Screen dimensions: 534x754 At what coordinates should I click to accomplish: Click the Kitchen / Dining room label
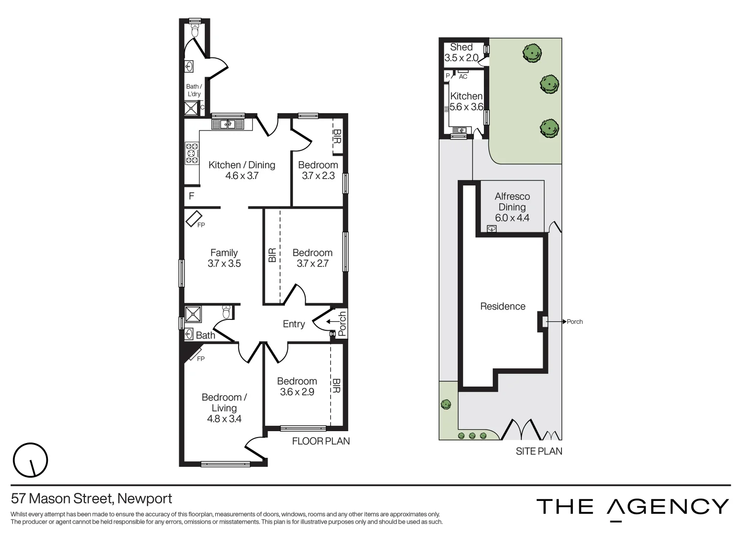[x=241, y=170]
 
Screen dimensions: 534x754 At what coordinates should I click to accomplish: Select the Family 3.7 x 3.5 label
[x=224, y=258]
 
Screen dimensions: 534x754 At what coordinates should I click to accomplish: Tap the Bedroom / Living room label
[x=224, y=408]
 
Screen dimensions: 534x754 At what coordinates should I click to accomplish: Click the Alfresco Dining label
[x=512, y=207]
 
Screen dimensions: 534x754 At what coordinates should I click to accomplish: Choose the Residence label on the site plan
[x=503, y=307]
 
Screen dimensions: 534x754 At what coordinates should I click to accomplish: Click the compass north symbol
[x=30, y=460]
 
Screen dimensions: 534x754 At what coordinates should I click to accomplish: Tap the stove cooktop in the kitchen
[x=192, y=153]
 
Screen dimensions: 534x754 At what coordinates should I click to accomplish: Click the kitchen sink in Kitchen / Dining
[x=228, y=124]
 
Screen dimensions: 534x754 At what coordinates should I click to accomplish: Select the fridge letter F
[x=192, y=196]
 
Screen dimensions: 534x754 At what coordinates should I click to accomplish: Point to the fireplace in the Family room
[x=194, y=219]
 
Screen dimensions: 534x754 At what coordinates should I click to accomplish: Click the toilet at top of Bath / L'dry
[x=195, y=31]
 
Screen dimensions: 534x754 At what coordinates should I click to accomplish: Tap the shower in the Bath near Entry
[x=193, y=314]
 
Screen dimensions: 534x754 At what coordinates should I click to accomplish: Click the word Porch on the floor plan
[x=342, y=321]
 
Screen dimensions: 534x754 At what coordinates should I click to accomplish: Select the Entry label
[x=294, y=324]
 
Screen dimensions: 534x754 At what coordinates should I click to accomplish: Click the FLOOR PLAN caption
[x=321, y=441]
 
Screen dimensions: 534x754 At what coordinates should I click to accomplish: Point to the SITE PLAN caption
[x=539, y=451]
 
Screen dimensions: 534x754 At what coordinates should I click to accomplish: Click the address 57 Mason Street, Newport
[x=91, y=498]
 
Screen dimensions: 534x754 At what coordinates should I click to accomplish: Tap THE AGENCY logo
[x=633, y=507]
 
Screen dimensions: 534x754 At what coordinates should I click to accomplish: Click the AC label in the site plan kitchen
[x=463, y=77]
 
